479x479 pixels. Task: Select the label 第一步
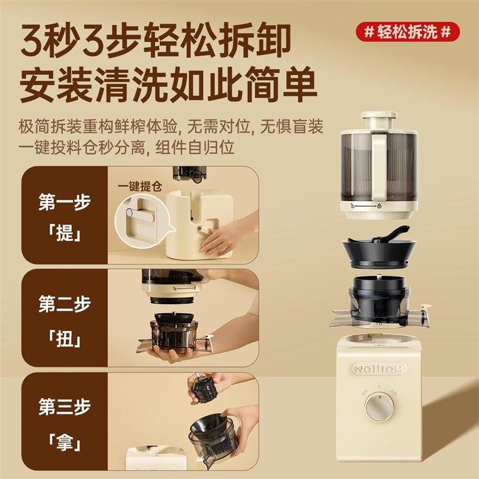64,202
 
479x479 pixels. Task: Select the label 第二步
64,305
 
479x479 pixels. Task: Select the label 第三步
64,408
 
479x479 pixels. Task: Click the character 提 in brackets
64,233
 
